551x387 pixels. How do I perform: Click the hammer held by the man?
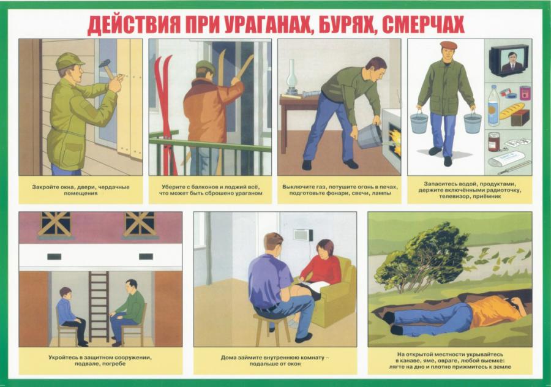pyautogui.click(x=108, y=69)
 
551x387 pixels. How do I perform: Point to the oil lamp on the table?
pyautogui.click(x=291, y=77)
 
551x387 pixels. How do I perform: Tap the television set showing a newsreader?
pyautogui.click(x=509, y=61)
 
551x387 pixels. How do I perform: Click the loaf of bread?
pyautogui.click(x=512, y=111)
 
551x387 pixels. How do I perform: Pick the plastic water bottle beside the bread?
pyautogui.click(x=493, y=105)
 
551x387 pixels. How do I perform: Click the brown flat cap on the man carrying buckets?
pyautogui.click(x=448, y=45)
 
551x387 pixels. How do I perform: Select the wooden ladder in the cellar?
pyautogui.click(x=99, y=306)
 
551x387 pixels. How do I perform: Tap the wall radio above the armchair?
pyautogui.click(x=303, y=235)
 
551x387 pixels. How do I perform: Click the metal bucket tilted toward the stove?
pyautogui.click(x=369, y=135)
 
